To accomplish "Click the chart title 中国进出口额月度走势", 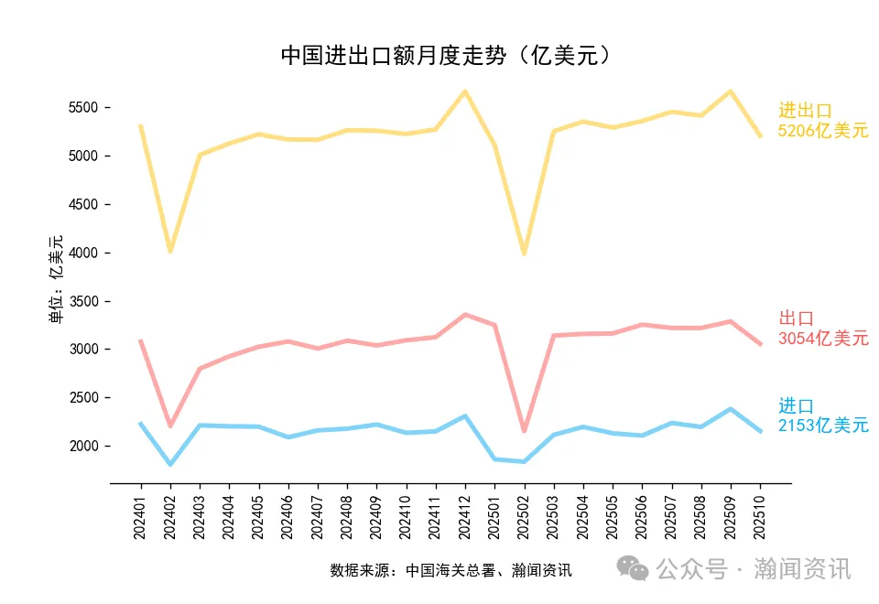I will coord(445,56).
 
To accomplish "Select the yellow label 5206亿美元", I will coord(823,131).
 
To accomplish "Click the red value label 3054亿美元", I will coord(823,339).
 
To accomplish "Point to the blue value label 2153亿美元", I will coord(823,426).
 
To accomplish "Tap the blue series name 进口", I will coord(796,406).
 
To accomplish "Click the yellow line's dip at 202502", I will coord(524,253).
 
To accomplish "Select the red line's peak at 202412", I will coord(465,315).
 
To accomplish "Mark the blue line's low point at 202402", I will coord(169,464).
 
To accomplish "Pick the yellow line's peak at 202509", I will coord(731,92).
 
